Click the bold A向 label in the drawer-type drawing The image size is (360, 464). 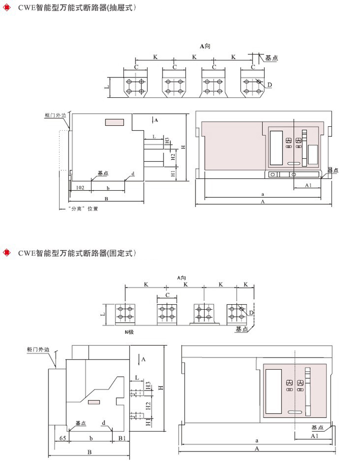[x=204, y=46]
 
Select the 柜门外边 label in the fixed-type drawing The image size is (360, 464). [x=38, y=351]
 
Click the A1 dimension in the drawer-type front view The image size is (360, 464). [x=309, y=185]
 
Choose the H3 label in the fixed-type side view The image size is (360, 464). [x=148, y=386]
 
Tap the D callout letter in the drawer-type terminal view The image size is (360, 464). [x=269, y=85]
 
